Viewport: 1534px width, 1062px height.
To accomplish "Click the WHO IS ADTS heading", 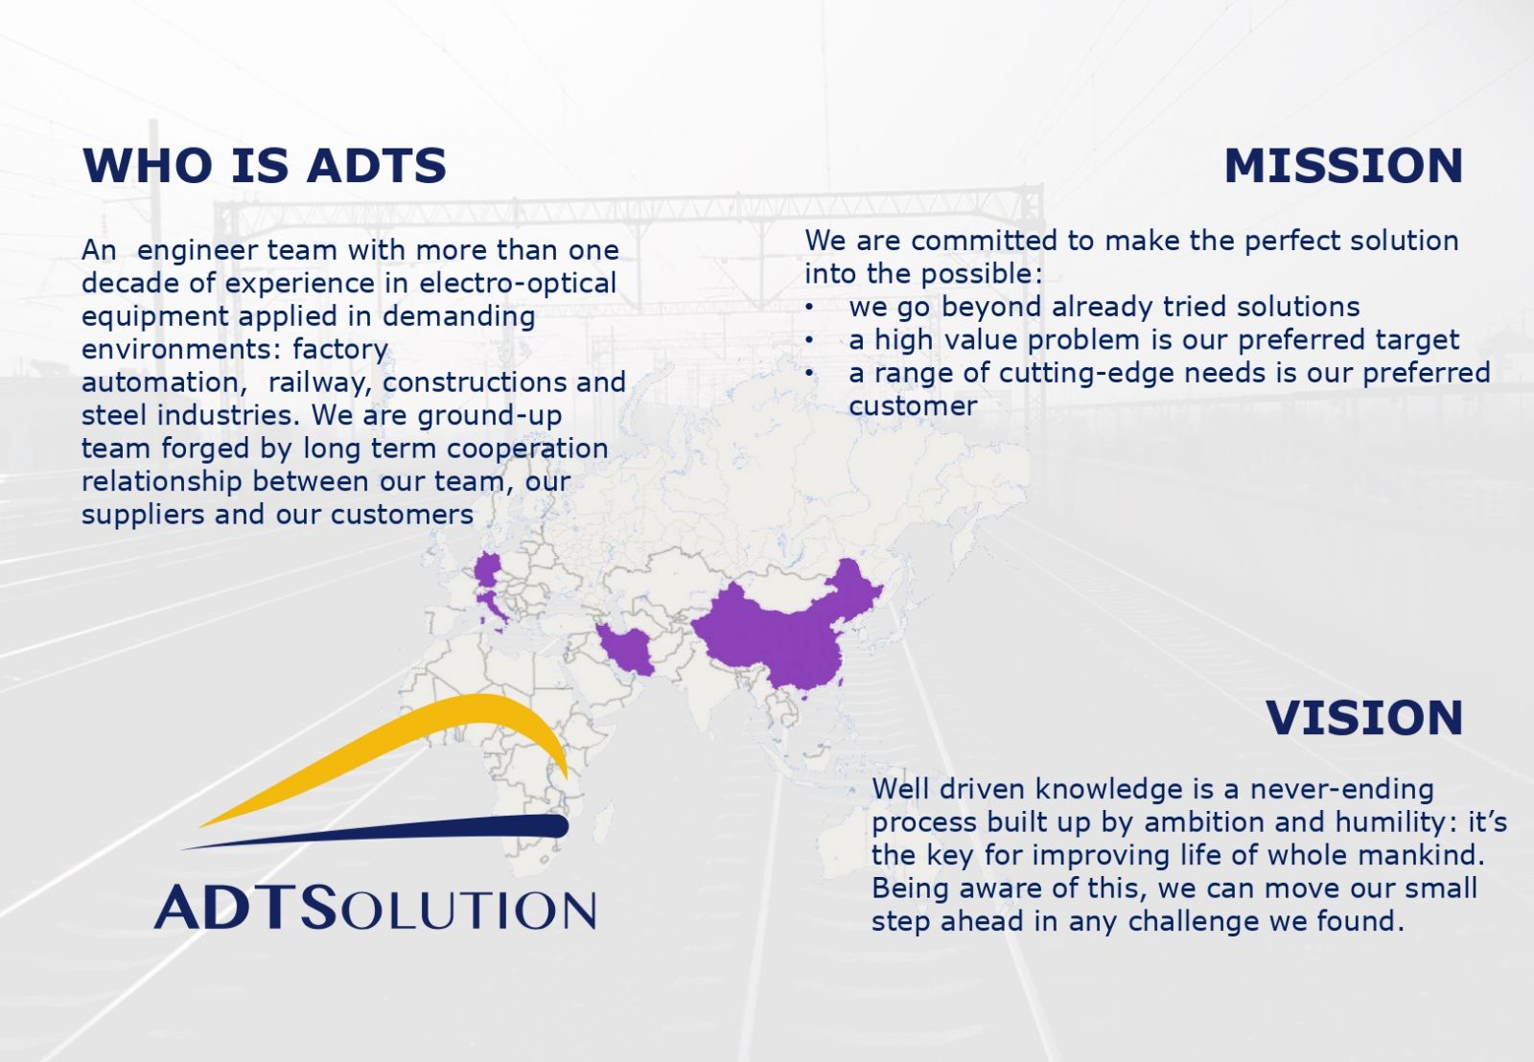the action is (x=265, y=166).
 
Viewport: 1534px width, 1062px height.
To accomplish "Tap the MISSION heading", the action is (x=1343, y=166).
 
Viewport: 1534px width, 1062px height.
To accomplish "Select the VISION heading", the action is (x=1364, y=718).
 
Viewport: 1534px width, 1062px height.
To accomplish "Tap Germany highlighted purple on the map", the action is (x=488, y=569).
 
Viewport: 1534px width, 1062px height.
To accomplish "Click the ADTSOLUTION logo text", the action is (x=375, y=907).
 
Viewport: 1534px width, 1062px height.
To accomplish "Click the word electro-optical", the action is (x=518, y=284).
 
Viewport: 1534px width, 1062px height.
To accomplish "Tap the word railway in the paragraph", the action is (x=320, y=382).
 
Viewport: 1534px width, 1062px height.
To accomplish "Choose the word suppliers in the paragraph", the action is (x=143, y=515).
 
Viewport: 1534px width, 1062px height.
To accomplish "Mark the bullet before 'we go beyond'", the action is (x=809, y=308).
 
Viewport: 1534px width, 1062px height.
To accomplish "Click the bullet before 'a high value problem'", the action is (x=809, y=340).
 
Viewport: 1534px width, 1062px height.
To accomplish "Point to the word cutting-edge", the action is (x=1086, y=374).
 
